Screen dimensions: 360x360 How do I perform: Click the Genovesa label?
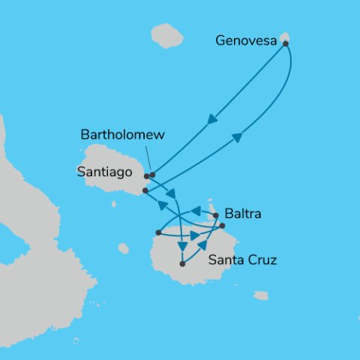tap(245, 40)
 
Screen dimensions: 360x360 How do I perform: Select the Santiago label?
tap(104, 172)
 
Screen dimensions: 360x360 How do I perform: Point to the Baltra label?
tap(243, 214)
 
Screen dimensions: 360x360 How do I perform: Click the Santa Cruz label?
tap(242, 261)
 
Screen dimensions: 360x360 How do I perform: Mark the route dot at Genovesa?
tap(286, 43)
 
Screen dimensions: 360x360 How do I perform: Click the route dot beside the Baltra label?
tap(217, 216)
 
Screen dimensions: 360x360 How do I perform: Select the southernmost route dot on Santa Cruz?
tap(182, 263)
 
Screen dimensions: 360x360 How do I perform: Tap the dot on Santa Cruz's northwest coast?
tap(157, 232)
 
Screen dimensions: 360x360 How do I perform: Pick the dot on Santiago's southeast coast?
tap(145, 190)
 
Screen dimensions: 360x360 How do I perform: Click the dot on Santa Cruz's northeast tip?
tap(223, 226)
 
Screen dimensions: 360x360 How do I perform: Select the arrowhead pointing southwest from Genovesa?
tap(212, 118)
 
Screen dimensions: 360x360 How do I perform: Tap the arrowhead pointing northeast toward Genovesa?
tap(237, 136)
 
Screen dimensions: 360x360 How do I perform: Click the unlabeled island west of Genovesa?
tap(166, 35)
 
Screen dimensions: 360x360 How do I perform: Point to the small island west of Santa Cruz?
tap(123, 248)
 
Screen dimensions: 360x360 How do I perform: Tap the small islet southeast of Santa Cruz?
tap(260, 295)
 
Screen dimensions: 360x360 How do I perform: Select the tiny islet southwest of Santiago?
tap(113, 203)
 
